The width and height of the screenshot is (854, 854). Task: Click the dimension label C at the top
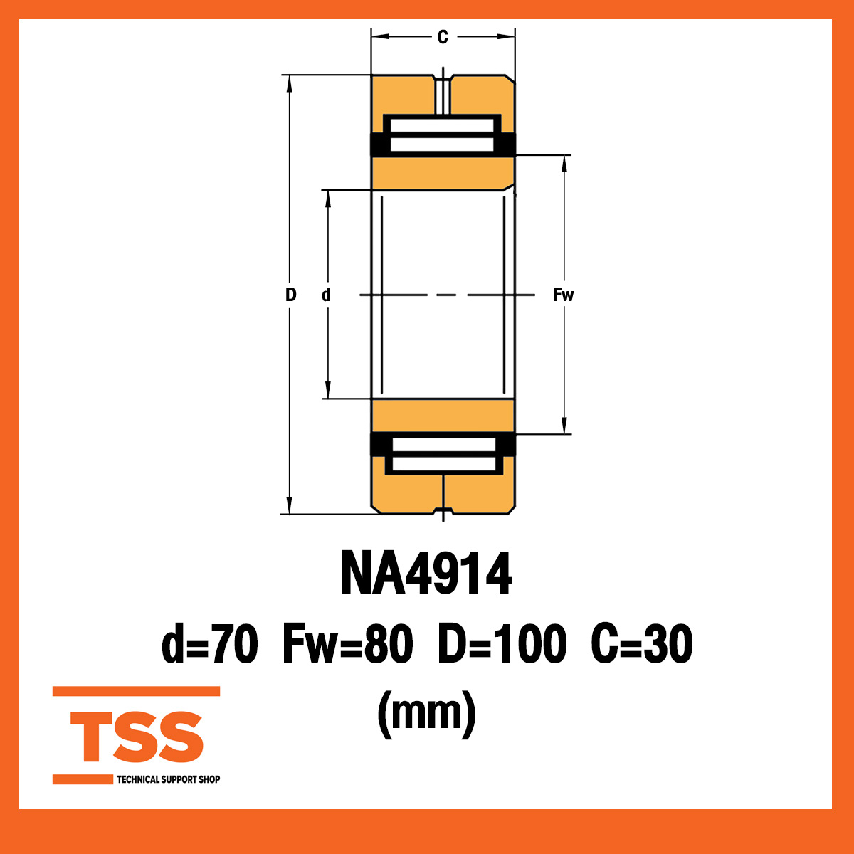coord(443,37)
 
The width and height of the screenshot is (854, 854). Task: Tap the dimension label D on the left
coord(290,295)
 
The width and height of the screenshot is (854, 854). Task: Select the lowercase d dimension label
coord(326,295)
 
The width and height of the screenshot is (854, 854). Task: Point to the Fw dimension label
coord(563,295)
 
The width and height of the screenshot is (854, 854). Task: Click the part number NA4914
coord(426,574)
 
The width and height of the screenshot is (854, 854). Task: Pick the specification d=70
coord(210,644)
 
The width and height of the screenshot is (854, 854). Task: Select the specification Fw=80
coord(347,644)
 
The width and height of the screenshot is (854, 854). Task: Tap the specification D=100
coord(502,644)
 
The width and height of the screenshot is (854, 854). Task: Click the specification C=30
coord(641,644)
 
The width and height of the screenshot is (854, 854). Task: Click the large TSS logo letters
coord(137,737)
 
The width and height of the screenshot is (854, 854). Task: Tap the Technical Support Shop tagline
coord(168,779)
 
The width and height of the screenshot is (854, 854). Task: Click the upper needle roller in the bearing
coord(442,135)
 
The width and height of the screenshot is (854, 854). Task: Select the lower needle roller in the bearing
coord(443,455)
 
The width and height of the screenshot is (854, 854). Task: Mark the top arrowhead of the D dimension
coord(290,83)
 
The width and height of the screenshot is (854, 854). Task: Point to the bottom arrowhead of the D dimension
coord(290,505)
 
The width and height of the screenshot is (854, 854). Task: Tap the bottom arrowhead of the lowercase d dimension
coord(328,391)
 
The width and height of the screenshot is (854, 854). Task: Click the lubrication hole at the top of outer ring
coord(443,93)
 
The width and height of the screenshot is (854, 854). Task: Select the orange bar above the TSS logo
coord(136,691)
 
